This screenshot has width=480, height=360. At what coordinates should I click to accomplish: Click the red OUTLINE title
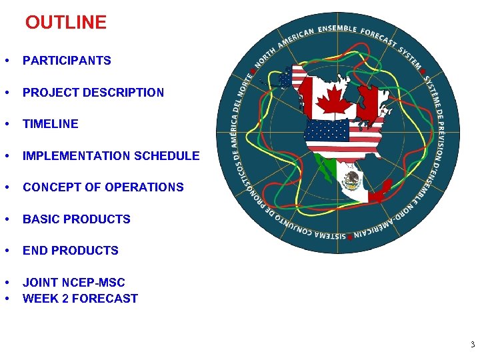pos(65,23)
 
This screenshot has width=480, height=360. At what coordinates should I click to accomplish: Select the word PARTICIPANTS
pos(67,61)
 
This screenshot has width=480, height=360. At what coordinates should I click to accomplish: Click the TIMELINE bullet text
pos(50,124)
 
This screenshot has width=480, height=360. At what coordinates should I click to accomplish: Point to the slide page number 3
pos(472,345)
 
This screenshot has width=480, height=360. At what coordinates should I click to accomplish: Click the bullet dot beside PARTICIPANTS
pos(5,61)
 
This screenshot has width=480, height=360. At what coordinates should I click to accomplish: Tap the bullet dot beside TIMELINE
pos(5,124)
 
